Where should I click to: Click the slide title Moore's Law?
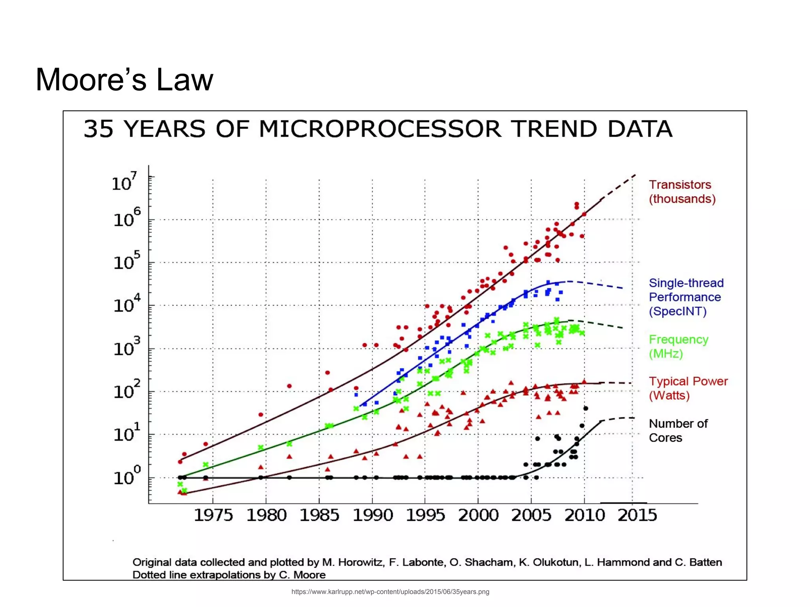click(124, 80)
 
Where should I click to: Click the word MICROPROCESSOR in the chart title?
click(380, 129)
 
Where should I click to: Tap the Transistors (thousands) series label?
click(682, 192)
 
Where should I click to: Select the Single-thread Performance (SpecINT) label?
click(686, 297)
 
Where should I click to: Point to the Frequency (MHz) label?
click(678, 346)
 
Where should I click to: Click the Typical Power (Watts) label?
click(688, 388)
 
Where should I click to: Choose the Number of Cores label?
click(678, 431)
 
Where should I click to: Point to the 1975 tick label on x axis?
click(213, 515)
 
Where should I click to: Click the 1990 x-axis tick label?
click(373, 515)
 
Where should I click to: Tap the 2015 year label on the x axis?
click(637, 515)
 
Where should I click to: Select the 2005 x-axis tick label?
click(531, 515)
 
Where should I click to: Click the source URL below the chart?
click(390, 592)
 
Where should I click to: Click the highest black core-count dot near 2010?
click(586, 408)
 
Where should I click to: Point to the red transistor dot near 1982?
click(289, 386)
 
